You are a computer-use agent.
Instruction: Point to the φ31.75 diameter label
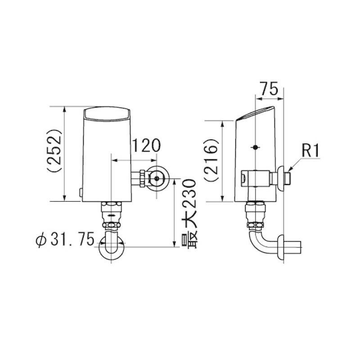pyautogui.click(x=65, y=239)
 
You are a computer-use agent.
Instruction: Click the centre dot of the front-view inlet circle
pyautogui.click(x=157, y=178)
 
